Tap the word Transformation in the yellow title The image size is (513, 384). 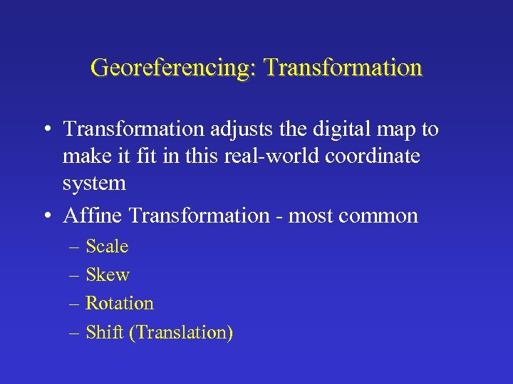[343, 68]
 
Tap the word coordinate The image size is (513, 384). [373, 156]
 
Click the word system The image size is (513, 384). [94, 183]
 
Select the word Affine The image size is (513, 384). [90, 215]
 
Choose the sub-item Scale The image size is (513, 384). [107, 247]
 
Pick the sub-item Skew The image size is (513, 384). [107, 275]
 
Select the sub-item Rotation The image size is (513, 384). [119, 304]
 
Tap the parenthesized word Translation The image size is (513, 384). [182, 333]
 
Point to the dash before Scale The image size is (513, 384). [76, 247]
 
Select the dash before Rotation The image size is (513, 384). [76, 304]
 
